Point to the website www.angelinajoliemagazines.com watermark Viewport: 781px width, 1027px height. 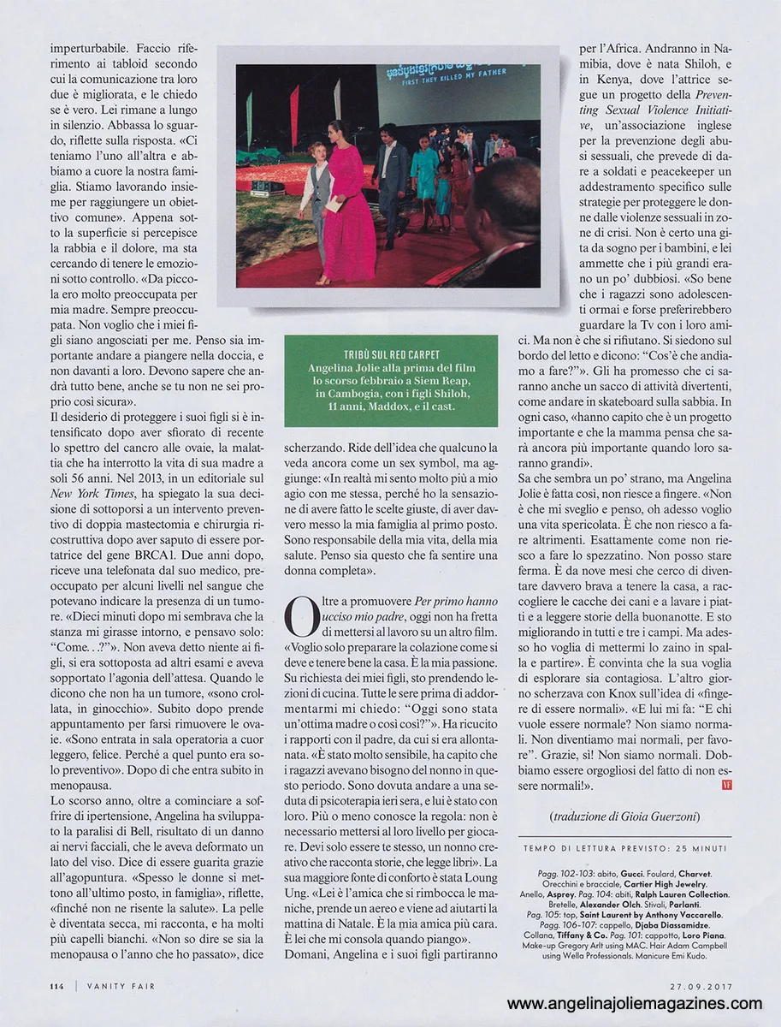634,1004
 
